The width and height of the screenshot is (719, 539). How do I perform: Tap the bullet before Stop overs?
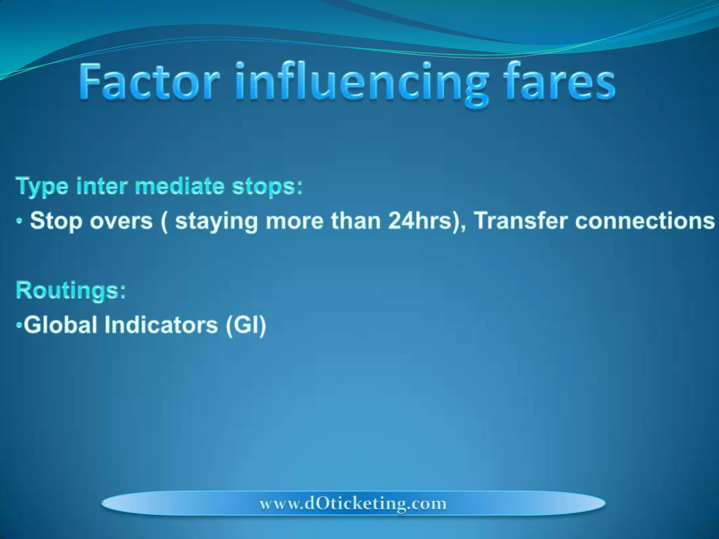(20, 222)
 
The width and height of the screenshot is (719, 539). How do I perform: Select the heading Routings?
(71, 291)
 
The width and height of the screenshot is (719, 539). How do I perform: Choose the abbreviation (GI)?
(246, 325)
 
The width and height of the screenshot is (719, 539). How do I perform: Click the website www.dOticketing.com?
(353, 504)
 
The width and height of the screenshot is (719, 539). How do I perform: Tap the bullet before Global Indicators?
(19, 326)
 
